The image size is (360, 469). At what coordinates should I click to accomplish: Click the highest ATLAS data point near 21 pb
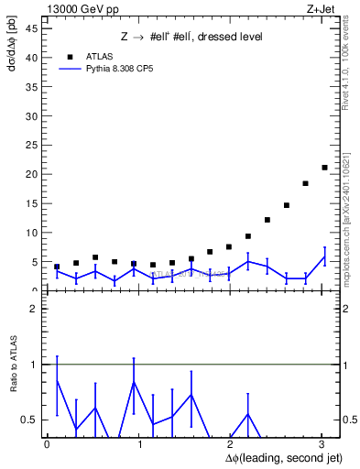(324, 168)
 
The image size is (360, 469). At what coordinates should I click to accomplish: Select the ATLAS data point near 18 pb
(305, 183)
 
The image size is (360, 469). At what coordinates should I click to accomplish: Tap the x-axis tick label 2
(228, 444)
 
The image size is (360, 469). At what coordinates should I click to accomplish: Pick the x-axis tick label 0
(48, 444)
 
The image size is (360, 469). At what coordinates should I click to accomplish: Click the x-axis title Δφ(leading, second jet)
(271, 457)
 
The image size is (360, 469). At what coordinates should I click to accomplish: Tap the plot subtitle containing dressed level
(191, 37)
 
